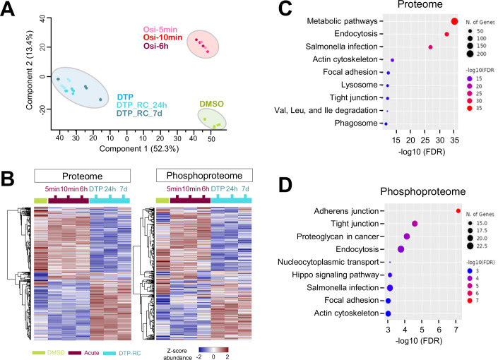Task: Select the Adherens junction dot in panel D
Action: [458, 210]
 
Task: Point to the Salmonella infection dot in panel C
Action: [430, 47]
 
